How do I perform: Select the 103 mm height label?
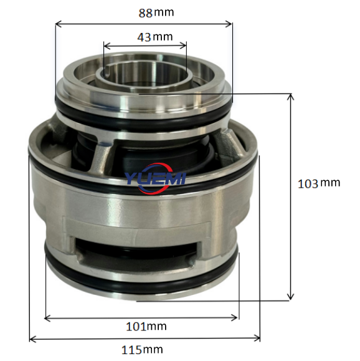click(319, 183)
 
